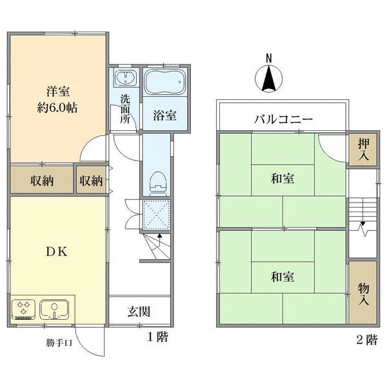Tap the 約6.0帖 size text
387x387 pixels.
[x=57, y=108]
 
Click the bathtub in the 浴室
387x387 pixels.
[x=163, y=83]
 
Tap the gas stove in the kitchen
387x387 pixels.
[x=24, y=309]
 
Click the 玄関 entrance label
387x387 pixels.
[x=139, y=312]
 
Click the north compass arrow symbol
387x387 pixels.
[x=270, y=81]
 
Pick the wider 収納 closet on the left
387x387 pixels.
[x=41, y=181]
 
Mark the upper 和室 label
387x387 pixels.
[x=283, y=179]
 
